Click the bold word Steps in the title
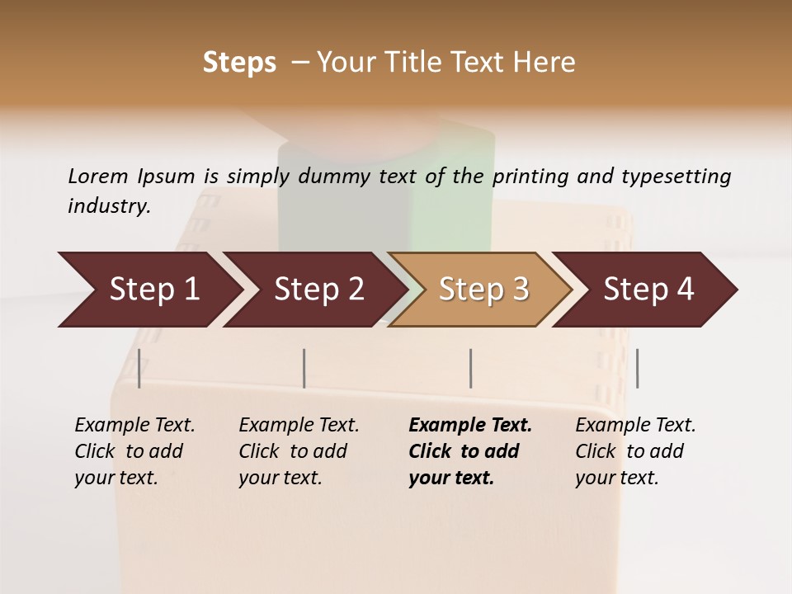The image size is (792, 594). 239,63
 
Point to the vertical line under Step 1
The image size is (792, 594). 139,368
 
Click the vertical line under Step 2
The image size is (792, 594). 304,368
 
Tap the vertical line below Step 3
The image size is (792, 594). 471,368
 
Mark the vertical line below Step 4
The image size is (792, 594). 637,368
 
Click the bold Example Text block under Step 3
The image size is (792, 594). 469,451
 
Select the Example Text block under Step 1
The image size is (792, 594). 134,451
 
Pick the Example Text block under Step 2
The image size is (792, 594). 299,451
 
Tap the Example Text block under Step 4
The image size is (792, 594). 635,451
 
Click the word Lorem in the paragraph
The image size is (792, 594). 98,177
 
